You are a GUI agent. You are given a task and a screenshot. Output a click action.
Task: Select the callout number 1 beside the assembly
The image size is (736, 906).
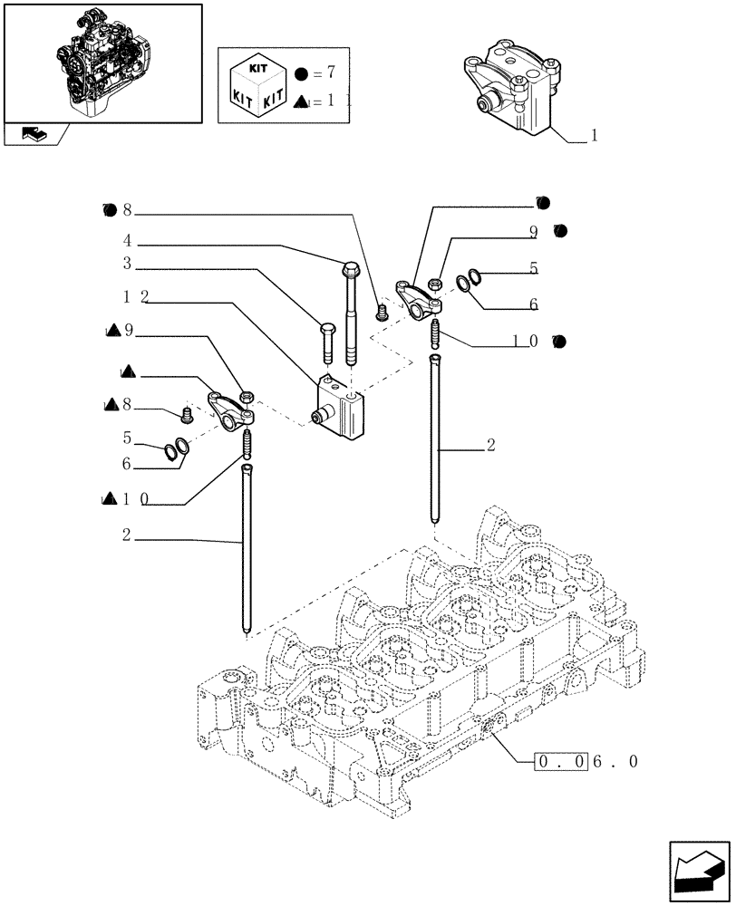pos(594,136)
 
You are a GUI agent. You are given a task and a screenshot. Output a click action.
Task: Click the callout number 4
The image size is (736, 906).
pos(129,242)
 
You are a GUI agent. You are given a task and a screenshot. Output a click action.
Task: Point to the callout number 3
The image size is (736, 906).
pos(129,264)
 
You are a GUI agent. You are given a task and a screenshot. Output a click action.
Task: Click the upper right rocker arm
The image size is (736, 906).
pos(417,299)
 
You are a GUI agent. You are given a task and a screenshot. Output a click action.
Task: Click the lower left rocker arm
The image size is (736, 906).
pos(231,407)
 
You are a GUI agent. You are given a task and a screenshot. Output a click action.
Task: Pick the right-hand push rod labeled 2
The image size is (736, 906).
pos(435,439)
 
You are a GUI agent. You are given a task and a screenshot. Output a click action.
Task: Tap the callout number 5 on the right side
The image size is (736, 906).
pos(535,268)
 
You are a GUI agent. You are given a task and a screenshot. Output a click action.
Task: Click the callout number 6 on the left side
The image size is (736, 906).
pos(126,464)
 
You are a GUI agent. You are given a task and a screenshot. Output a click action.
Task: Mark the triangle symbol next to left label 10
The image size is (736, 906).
pos(110,498)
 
